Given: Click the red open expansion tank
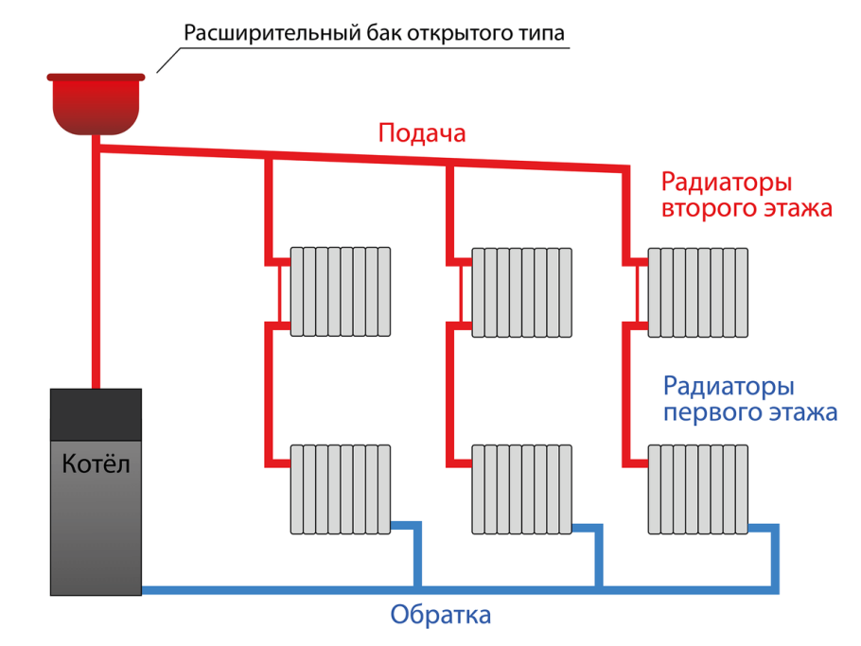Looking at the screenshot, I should click(96, 102).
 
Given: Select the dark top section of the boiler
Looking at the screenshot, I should click(96, 412).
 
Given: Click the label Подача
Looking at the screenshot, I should click(422, 133).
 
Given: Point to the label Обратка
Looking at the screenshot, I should click(441, 616).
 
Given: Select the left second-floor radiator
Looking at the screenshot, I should click(341, 291).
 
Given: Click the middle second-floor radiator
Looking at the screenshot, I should click(522, 291).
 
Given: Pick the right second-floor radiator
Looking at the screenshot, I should click(698, 291).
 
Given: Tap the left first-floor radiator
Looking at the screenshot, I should click(341, 488).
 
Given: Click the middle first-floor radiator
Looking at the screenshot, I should click(522, 488).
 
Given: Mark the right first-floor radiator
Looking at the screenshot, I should click(698, 488).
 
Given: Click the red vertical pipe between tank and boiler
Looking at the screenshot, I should click(96, 265).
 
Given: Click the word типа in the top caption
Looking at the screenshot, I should click(544, 35).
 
